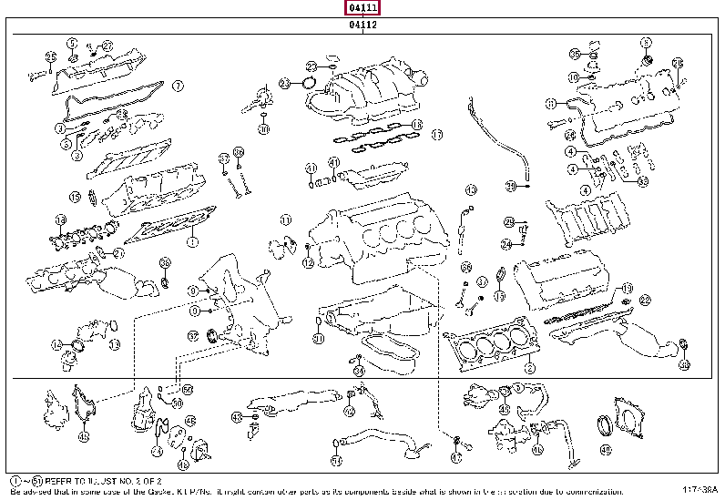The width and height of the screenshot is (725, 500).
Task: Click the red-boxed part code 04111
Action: coord(362,8)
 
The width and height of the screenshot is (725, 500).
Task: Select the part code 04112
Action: coord(362,26)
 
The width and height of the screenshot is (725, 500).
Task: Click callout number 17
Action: coord(436,135)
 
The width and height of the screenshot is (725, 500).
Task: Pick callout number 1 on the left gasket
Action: coord(192,243)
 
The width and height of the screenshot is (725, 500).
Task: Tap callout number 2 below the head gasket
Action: coord(529,368)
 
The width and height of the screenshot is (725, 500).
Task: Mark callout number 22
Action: coord(645,299)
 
